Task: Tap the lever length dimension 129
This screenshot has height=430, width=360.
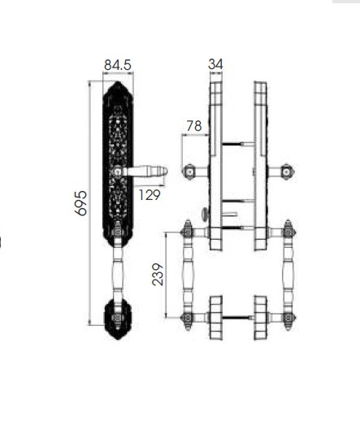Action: tap(150, 194)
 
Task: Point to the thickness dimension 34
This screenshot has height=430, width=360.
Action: tap(215, 64)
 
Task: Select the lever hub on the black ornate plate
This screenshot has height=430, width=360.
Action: tap(119, 172)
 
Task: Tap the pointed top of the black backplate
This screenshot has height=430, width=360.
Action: tap(119, 84)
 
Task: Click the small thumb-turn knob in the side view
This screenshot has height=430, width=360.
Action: tap(206, 214)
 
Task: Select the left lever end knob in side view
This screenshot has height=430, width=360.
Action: tap(189, 172)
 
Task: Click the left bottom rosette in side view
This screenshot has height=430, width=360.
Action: tap(215, 317)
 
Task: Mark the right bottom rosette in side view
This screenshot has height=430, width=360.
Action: tap(260, 317)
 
